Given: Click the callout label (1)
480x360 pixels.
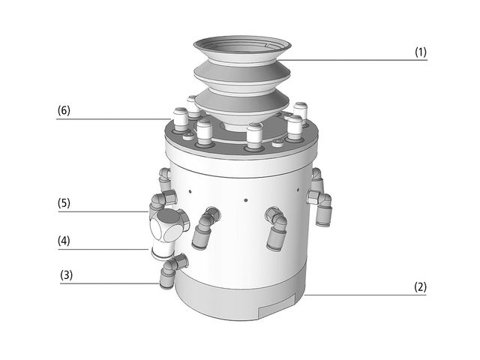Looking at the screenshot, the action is (421, 52).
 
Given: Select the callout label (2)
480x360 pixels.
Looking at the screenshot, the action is (420, 287).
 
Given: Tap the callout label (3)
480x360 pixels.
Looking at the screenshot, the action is (67, 275).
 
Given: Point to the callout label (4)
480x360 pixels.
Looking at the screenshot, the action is (64, 241).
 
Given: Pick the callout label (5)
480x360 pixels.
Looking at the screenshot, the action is (64, 203).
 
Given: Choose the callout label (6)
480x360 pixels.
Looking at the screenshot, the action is (64, 110).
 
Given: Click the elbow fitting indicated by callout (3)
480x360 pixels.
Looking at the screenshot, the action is (173, 270).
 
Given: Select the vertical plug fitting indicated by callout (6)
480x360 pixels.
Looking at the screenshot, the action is (180, 120).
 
